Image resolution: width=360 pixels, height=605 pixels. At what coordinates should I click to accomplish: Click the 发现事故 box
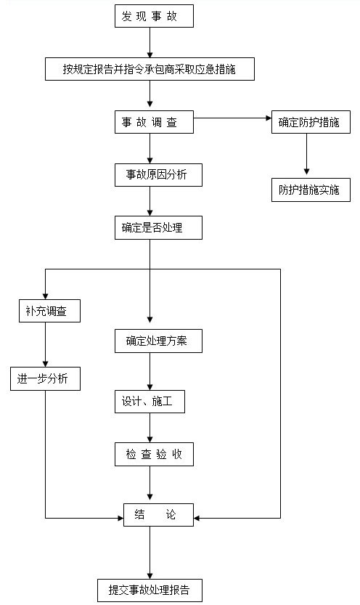point(154,16)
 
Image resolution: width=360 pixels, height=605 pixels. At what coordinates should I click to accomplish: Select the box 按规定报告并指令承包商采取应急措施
point(150,69)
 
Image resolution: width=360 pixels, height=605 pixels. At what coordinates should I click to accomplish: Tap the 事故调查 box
point(154,122)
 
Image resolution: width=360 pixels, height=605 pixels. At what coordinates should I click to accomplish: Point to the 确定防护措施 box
point(311,122)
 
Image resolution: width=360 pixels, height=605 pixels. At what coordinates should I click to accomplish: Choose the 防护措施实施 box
point(311,190)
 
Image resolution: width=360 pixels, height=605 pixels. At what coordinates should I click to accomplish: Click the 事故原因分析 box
point(158,175)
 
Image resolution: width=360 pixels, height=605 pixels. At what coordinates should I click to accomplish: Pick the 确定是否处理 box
point(158,227)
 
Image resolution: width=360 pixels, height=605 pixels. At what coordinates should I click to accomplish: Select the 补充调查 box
point(50,311)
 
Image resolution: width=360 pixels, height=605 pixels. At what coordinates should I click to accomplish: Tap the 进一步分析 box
point(46,378)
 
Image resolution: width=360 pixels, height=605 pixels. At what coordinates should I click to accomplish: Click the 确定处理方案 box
point(158,341)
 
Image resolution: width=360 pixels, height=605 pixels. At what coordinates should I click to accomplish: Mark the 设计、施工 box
point(150,401)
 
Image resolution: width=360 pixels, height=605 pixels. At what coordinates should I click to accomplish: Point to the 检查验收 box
point(154,454)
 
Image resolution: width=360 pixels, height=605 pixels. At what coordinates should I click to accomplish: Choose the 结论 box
point(158,515)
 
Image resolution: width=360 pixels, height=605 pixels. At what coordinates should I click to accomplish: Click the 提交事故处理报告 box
point(150,590)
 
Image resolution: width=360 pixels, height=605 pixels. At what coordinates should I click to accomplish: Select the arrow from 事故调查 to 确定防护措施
point(233,118)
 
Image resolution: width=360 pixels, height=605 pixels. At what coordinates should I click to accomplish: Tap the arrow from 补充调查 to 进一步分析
point(46,344)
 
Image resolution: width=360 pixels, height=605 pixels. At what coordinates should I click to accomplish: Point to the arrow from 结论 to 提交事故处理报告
point(150,553)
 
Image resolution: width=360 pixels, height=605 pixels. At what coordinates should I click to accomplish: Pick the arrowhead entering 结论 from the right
point(197,518)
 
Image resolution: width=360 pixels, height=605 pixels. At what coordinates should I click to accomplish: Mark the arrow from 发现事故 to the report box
point(150,42)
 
